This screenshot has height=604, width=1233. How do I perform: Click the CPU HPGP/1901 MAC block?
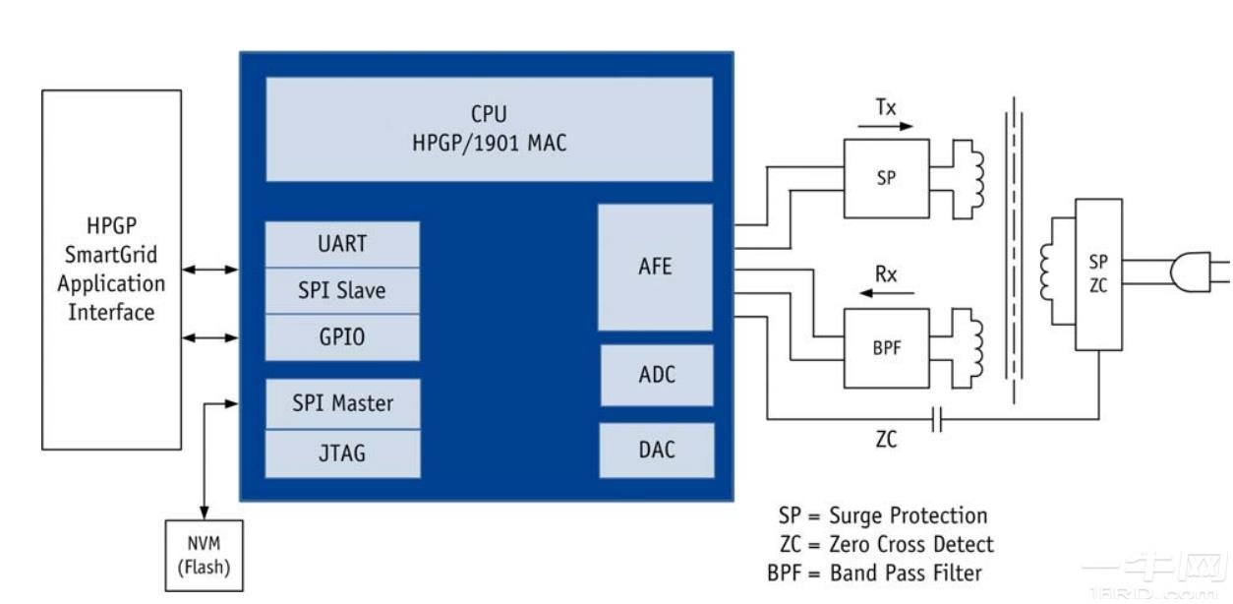(x=489, y=129)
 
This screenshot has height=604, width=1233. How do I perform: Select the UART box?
(x=342, y=244)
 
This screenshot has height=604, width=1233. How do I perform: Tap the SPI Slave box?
(x=342, y=291)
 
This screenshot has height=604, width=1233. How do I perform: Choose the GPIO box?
(x=342, y=337)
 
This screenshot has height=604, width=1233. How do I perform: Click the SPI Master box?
(x=342, y=403)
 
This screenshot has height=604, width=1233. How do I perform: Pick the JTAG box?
(x=342, y=453)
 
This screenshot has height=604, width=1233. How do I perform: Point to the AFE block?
(x=655, y=267)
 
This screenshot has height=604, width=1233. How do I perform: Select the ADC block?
(x=656, y=375)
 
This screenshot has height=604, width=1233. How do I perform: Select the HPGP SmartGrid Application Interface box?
(x=111, y=270)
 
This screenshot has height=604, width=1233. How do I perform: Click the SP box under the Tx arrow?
(x=886, y=178)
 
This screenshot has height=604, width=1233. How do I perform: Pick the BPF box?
(x=886, y=347)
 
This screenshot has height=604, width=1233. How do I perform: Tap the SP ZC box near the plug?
(x=1098, y=274)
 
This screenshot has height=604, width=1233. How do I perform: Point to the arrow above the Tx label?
(x=886, y=126)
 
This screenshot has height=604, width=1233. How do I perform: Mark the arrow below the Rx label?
(x=886, y=293)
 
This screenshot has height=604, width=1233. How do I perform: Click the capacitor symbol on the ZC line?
(x=936, y=422)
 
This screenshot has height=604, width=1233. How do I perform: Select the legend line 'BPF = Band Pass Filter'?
(x=874, y=573)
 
